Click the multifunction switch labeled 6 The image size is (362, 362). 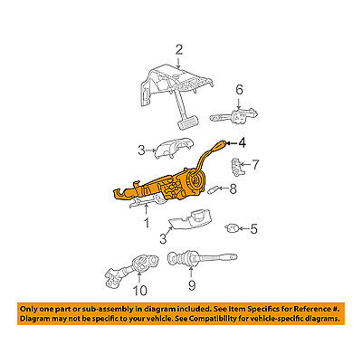click(x=235, y=116)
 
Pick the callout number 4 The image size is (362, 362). click(x=241, y=144)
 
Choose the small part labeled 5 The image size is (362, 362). click(x=231, y=228)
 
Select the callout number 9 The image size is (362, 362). click(x=191, y=286)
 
